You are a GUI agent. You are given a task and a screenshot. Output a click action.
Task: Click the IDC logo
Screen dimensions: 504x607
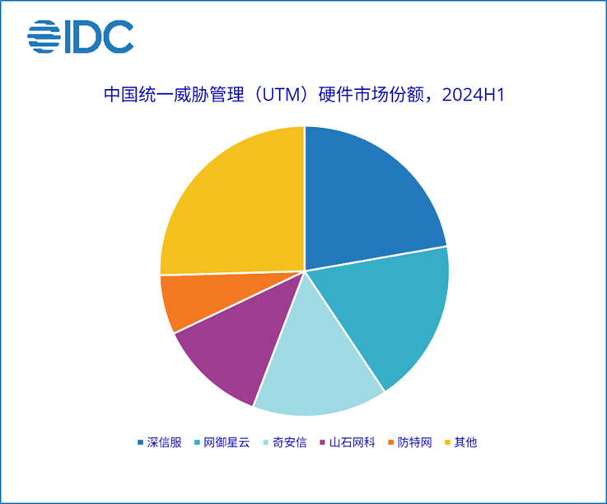[80, 36]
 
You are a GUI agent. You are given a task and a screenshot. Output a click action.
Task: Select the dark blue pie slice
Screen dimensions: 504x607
[367, 198]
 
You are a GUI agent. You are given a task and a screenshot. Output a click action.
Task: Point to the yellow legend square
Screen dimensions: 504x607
[449, 443]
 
